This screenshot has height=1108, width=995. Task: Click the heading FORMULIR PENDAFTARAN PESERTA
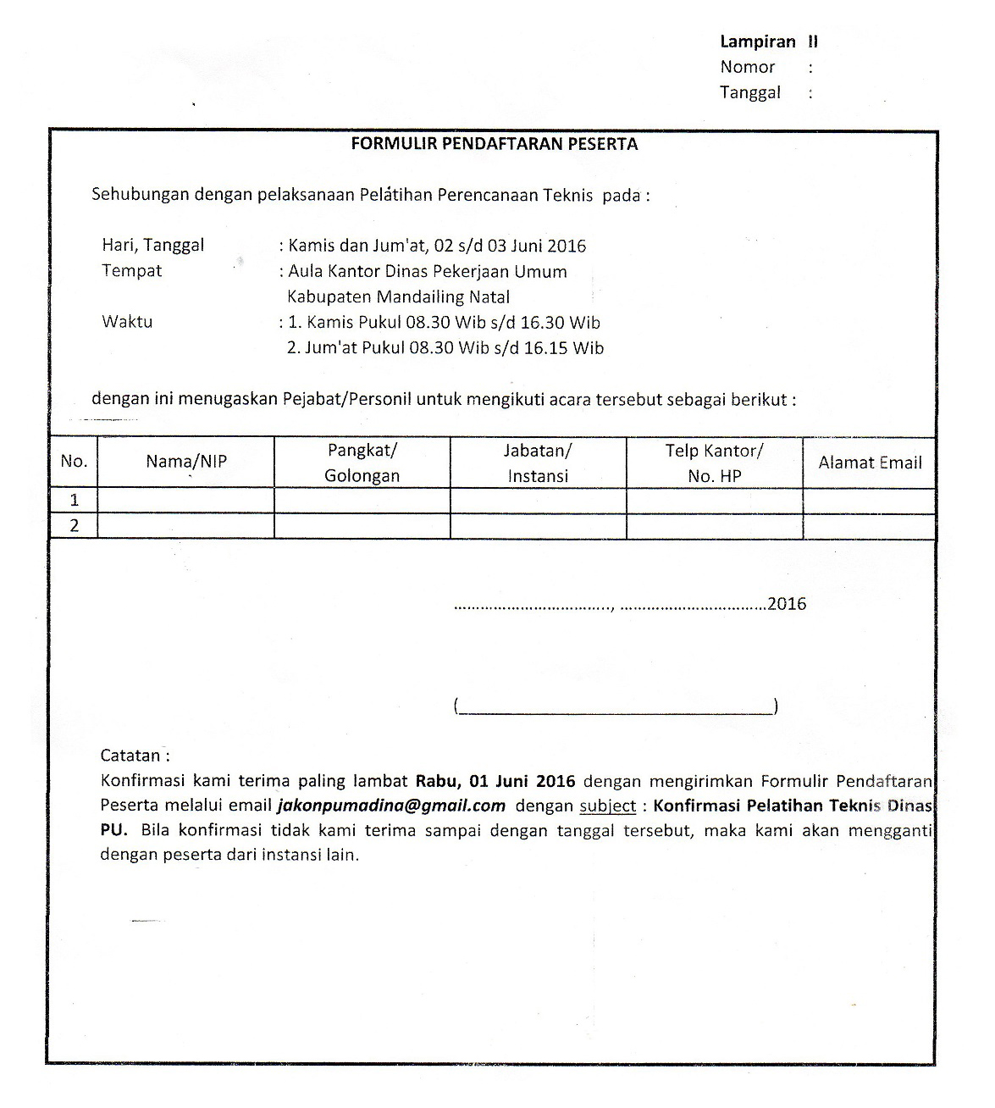tap(495, 144)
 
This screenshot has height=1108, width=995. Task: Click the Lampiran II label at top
tap(768, 42)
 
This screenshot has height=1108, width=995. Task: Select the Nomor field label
tap(748, 67)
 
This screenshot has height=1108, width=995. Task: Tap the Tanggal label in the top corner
tap(750, 92)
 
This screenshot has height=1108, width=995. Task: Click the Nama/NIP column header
tap(186, 462)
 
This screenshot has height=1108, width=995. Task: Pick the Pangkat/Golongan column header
tap(362, 463)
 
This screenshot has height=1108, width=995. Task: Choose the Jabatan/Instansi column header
tap(538, 463)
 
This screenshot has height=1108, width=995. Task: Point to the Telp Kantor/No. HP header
tap(714, 463)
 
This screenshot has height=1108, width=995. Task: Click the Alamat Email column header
tap(870, 463)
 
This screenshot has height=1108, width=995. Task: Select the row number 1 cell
tap(75, 501)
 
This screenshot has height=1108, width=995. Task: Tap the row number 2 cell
tap(75, 526)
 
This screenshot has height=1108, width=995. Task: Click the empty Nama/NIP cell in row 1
tap(186, 501)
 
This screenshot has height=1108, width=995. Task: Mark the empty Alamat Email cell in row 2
tap(870, 526)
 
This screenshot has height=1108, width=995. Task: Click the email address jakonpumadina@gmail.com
tap(391, 806)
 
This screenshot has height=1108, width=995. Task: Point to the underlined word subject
tap(607, 806)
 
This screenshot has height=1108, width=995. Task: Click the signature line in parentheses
tap(616, 706)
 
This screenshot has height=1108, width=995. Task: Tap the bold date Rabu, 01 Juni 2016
tap(495, 780)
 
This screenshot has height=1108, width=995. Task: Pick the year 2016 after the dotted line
tap(787, 604)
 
